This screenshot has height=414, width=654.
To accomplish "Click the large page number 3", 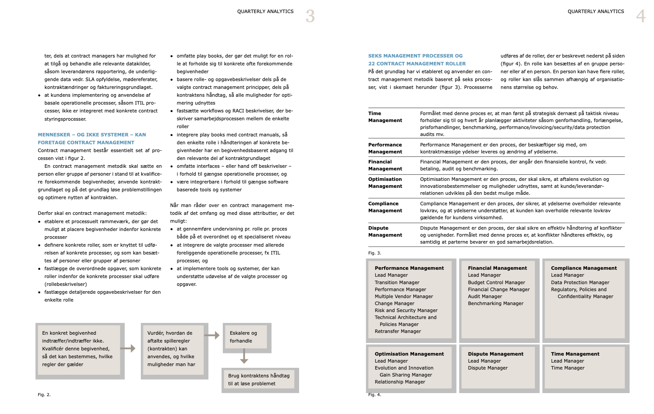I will (310, 16).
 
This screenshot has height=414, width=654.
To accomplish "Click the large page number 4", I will (640, 16).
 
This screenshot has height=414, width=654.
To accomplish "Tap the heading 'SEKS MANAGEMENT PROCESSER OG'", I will (415, 56).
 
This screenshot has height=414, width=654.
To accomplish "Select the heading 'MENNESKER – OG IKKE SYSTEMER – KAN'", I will (92, 135).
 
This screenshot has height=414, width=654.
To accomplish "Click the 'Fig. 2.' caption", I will (44, 394).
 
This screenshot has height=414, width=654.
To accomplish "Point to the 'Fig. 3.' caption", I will (375, 253).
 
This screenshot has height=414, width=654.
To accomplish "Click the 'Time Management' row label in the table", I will (385, 117).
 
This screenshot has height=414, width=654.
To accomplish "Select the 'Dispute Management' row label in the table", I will (385, 231).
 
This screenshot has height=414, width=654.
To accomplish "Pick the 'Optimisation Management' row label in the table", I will (385, 183).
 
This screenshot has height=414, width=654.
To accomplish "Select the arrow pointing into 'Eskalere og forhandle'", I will (212, 335).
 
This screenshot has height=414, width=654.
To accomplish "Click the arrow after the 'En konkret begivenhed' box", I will (128, 348).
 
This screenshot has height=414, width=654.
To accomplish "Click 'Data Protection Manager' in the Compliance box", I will (580, 282).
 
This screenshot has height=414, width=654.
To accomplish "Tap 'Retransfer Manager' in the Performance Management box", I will (398, 331).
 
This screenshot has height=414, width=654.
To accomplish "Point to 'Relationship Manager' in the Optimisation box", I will (400, 382).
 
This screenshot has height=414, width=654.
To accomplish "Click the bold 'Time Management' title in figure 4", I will (575, 354).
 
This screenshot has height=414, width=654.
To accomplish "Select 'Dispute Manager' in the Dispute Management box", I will (487, 368).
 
